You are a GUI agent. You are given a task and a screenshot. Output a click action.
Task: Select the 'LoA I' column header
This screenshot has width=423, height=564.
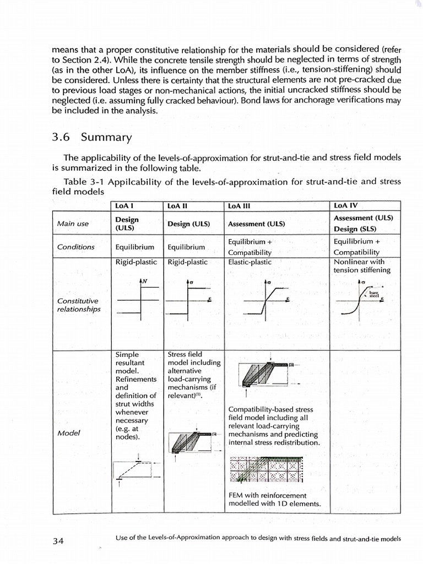point(124,205)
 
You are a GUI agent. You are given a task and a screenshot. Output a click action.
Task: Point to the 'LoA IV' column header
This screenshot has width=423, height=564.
point(346,205)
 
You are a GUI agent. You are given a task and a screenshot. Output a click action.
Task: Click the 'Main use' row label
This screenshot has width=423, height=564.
point(73,224)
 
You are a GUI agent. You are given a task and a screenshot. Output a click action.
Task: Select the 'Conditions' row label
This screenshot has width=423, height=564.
point(75,247)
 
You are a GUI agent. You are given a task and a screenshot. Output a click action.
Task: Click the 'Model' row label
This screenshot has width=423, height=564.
point(68,433)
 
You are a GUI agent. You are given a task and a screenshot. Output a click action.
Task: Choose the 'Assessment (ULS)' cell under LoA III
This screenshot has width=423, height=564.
point(256,224)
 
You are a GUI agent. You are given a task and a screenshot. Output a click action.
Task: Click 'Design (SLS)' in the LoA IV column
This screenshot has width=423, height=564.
point(359,229)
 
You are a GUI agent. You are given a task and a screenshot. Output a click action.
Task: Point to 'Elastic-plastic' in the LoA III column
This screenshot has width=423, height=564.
point(250,262)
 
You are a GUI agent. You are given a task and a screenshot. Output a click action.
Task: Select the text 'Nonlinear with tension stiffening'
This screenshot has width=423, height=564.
point(362,266)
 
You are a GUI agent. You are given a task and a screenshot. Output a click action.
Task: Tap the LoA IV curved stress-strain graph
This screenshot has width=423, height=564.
point(362,300)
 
